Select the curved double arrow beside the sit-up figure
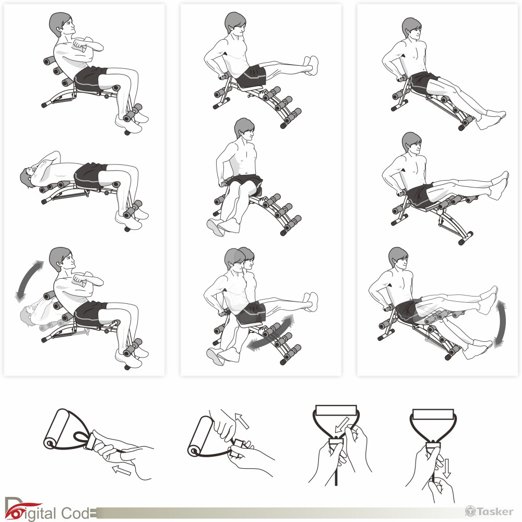29,281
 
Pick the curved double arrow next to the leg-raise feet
500,323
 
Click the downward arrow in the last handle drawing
447,468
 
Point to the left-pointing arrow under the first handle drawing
122,470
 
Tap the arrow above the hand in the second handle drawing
242,420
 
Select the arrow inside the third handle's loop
342,424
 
